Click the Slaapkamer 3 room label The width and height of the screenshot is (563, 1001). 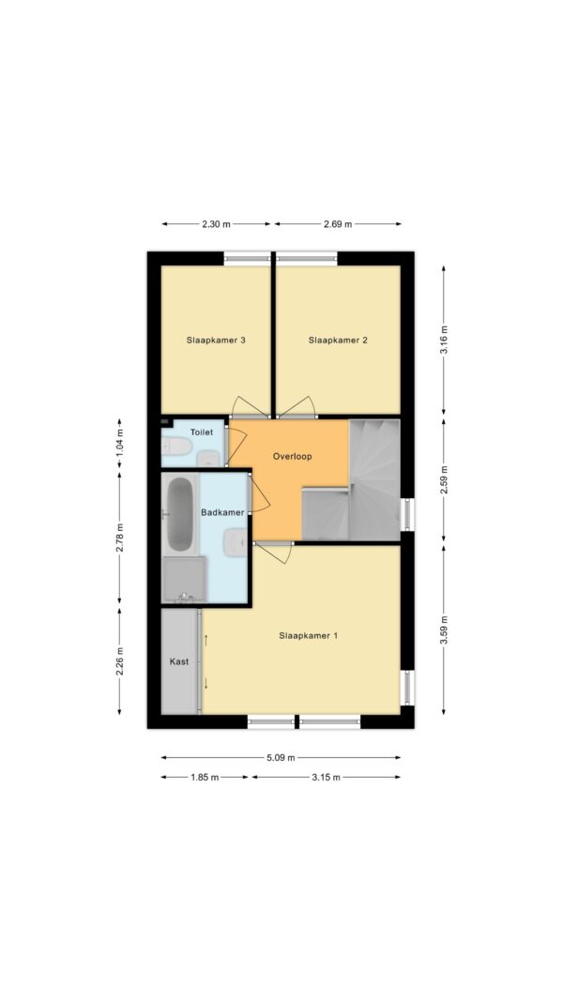tap(216, 341)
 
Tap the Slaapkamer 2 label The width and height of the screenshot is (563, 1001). tap(338, 341)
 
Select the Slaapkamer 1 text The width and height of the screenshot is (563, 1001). tap(309, 635)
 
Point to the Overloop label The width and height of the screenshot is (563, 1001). tap(293, 457)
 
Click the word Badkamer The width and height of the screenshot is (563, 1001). tap(222, 512)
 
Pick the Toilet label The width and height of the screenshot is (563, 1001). tap(201, 432)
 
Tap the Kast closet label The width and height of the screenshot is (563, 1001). tap(178, 662)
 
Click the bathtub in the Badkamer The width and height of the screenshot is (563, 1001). tap(179, 514)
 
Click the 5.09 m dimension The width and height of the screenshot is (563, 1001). tap(281, 758)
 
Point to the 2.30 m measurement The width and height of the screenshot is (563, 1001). tap(217, 224)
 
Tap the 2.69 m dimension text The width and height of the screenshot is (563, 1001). tap(338, 224)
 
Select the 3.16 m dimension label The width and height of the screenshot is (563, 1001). tap(444, 341)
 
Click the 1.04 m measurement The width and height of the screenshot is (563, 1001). tap(119, 446)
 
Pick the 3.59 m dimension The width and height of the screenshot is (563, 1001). tap(444, 629)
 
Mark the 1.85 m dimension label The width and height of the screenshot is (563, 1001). tap(205, 777)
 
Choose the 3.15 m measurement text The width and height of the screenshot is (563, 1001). tap(326, 777)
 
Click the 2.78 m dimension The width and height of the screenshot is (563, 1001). tap(119, 538)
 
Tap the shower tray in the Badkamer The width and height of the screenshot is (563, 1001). tap(184, 579)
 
